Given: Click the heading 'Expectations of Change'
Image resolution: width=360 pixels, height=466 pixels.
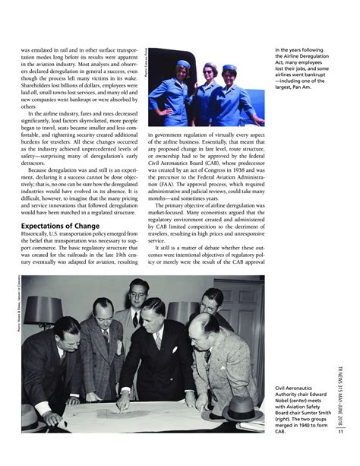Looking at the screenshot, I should (x=62, y=226).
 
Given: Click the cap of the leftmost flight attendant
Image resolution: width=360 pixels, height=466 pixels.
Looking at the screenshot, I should (x=183, y=65).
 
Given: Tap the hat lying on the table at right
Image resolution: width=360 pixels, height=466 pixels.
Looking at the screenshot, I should (x=240, y=408).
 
